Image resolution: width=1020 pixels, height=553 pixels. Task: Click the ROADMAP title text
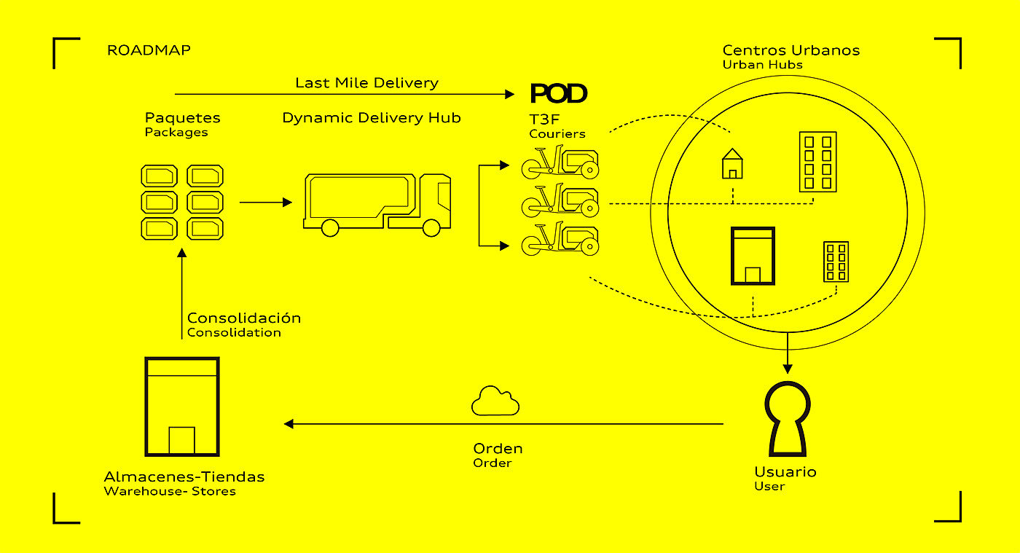pyautogui.click(x=149, y=50)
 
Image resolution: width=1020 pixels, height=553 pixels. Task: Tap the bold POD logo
pyautogui.click(x=558, y=93)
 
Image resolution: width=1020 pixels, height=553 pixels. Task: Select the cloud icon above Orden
pyautogui.click(x=495, y=401)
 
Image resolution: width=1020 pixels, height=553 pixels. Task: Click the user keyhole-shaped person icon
pyautogui.click(x=786, y=418)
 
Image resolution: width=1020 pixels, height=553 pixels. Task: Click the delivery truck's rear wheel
pyautogui.click(x=329, y=228)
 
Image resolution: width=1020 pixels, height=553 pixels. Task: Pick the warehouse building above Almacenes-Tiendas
pyautogui.click(x=181, y=406)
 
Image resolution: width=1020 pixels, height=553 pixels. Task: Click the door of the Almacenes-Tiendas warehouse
pyautogui.click(x=181, y=440)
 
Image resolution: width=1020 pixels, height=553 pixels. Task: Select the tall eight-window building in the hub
pyautogui.click(x=817, y=161)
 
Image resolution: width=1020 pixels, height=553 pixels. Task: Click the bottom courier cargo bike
pyautogui.click(x=560, y=240)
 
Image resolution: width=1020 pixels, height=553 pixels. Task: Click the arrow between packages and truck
pyautogui.click(x=265, y=202)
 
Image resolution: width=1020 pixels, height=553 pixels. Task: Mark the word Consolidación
pyautogui.click(x=244, y=318)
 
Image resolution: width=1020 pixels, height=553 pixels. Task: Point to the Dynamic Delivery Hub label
pyautogui.click(x=372, y=117)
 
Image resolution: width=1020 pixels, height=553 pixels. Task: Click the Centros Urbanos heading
pyautogui.click(x=791, y=50)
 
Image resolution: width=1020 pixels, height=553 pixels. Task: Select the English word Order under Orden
pyautogui.click(x=493, y=463)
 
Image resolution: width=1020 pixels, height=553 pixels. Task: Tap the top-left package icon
pyautogui.click(x=159, y=176)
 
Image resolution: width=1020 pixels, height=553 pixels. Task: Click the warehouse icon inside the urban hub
pyautogui.click(x=753, y=256)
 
